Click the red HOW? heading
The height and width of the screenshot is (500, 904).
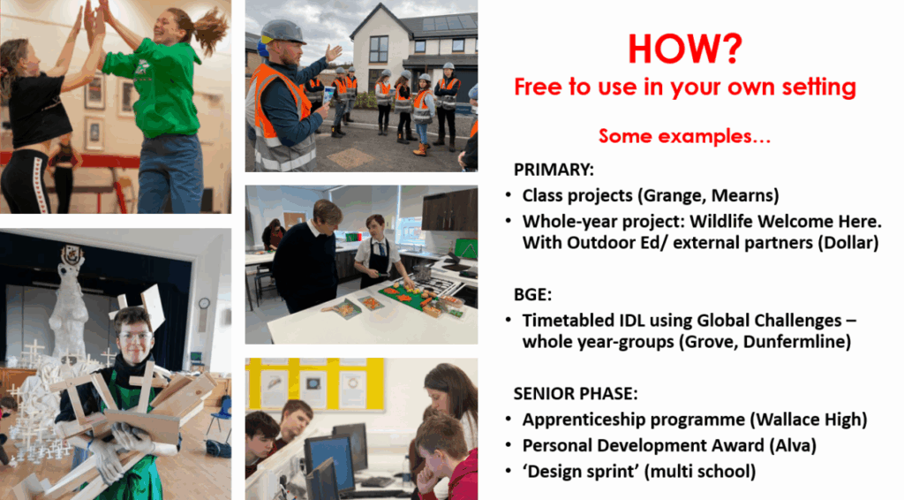[x=685, y=49]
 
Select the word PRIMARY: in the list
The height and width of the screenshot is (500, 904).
[x=554, y=170]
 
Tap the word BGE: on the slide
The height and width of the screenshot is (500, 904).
[x=532, y=295]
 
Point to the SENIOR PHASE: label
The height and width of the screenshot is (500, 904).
[x=576, y=394]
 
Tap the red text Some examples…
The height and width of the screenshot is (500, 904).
[x=684, y=136]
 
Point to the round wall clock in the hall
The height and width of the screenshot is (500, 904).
[x=204, y=303]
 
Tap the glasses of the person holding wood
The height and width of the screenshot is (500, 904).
[x=134, y=336]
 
